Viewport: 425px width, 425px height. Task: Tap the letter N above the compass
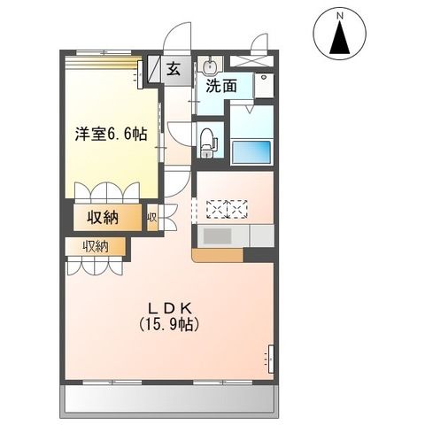point(339,15)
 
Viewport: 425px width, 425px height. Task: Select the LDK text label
point(174,309)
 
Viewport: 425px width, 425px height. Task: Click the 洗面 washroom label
point(221,86)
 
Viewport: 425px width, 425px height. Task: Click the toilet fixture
point(207,139)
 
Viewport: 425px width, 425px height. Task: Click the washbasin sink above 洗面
point(210,66)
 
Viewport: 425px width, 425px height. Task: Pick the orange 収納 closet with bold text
point(104,218)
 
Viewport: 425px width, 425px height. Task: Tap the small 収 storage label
point(152,218)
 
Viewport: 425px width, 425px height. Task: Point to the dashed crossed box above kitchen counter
point(228,209)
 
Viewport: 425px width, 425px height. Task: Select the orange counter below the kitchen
point(217,255)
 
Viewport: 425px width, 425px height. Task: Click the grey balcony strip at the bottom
point(168,403)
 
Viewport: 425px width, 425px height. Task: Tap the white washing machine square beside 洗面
point(263,85)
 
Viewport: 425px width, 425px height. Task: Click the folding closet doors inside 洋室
point(106,193)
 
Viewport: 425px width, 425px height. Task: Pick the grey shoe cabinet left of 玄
point(153,70)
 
